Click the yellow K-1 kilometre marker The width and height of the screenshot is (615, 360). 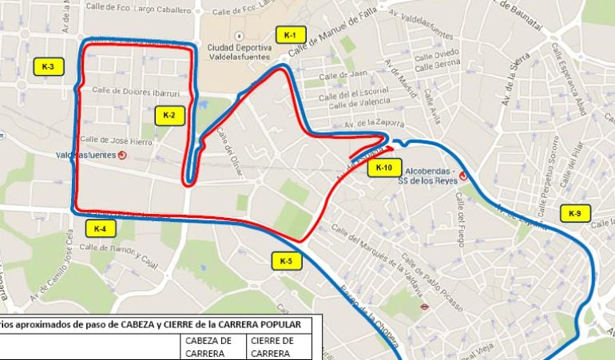pyautogui.click(x=290, y=35)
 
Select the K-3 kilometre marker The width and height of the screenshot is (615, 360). pyautogui.click(x=48, y=66)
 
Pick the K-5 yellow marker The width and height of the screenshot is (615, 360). pyautogui.click(x=286, y=260)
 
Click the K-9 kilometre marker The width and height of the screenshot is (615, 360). pyautogui.click(x=575, y=213)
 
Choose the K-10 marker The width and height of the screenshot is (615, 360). pyautogui.click(x=383, y=168)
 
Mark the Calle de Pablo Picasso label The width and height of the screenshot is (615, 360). pyautogui.click(x=435, y=276)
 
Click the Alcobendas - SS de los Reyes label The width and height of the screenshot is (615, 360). pyautogui.click(x=430, y=176)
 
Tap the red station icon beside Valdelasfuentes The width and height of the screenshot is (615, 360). pyautogui.click(x=121, y=156)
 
